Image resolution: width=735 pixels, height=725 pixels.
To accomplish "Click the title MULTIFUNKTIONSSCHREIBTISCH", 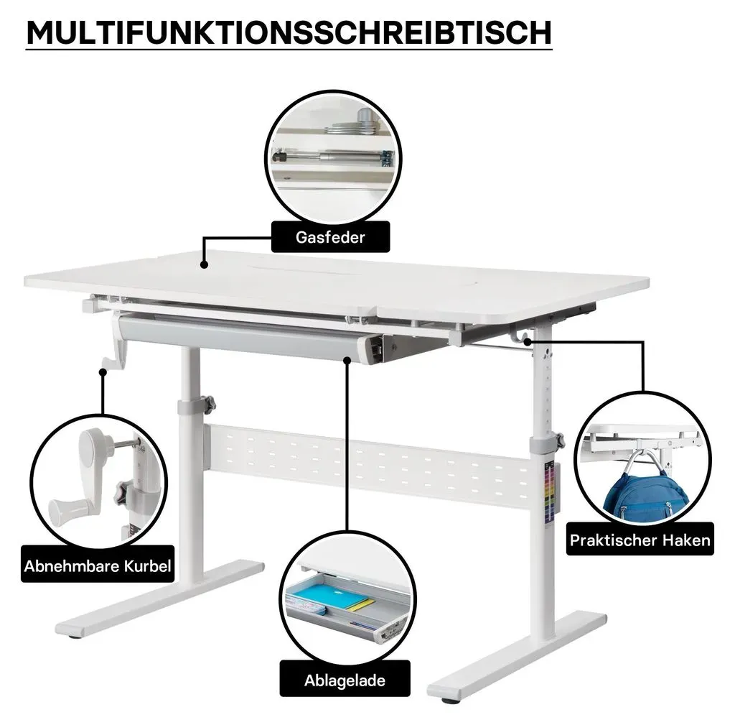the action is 289,32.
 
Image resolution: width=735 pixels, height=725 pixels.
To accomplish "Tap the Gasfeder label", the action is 330,237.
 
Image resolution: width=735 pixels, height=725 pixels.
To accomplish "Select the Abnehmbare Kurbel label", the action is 98,566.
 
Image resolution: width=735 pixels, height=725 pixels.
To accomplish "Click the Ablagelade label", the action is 345,680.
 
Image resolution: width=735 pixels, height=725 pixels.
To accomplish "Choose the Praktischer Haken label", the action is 640,540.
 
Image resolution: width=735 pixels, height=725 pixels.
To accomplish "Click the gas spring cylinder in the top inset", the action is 331,155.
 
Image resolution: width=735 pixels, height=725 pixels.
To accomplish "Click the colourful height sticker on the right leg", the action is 549,491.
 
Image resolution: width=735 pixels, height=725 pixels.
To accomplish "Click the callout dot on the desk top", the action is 204,264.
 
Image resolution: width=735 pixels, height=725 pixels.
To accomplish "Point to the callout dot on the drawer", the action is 347,359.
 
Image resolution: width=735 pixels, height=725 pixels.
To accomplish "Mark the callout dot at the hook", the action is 528,341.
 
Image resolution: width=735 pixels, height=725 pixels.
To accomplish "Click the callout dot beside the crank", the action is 103,371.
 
